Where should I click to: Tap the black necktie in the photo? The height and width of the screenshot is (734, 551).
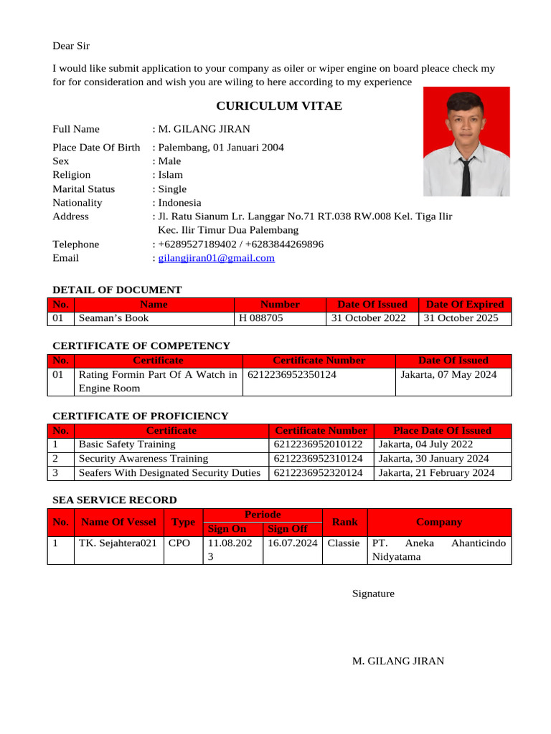point(466,176)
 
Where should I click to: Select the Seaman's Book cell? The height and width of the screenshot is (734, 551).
point(114,318)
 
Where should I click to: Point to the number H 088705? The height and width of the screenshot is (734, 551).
point(261,318)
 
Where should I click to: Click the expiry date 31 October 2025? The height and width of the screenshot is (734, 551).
point(461,318)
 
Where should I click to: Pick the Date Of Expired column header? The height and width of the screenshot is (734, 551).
point(465,304)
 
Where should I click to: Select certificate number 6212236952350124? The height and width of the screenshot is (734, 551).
point(292,374)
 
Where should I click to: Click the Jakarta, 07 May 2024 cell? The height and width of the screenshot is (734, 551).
point(448,374)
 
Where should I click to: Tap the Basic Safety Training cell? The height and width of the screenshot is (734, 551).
point(127,444)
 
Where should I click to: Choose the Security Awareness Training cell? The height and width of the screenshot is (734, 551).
point(143,459)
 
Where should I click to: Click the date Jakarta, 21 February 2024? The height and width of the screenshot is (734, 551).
point(436,473)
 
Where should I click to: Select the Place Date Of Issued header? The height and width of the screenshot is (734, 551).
point(442,431)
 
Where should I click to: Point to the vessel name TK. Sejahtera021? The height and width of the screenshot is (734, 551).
point(118,543)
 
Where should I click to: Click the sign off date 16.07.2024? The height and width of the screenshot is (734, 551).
point(292,543)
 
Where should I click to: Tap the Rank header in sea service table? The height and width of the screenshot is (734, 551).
point(344,523)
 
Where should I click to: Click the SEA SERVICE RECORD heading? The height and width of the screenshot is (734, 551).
point(115,500)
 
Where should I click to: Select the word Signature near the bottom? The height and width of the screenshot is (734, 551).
point(373,594)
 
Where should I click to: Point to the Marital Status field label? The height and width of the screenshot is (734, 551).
point(83,189)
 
